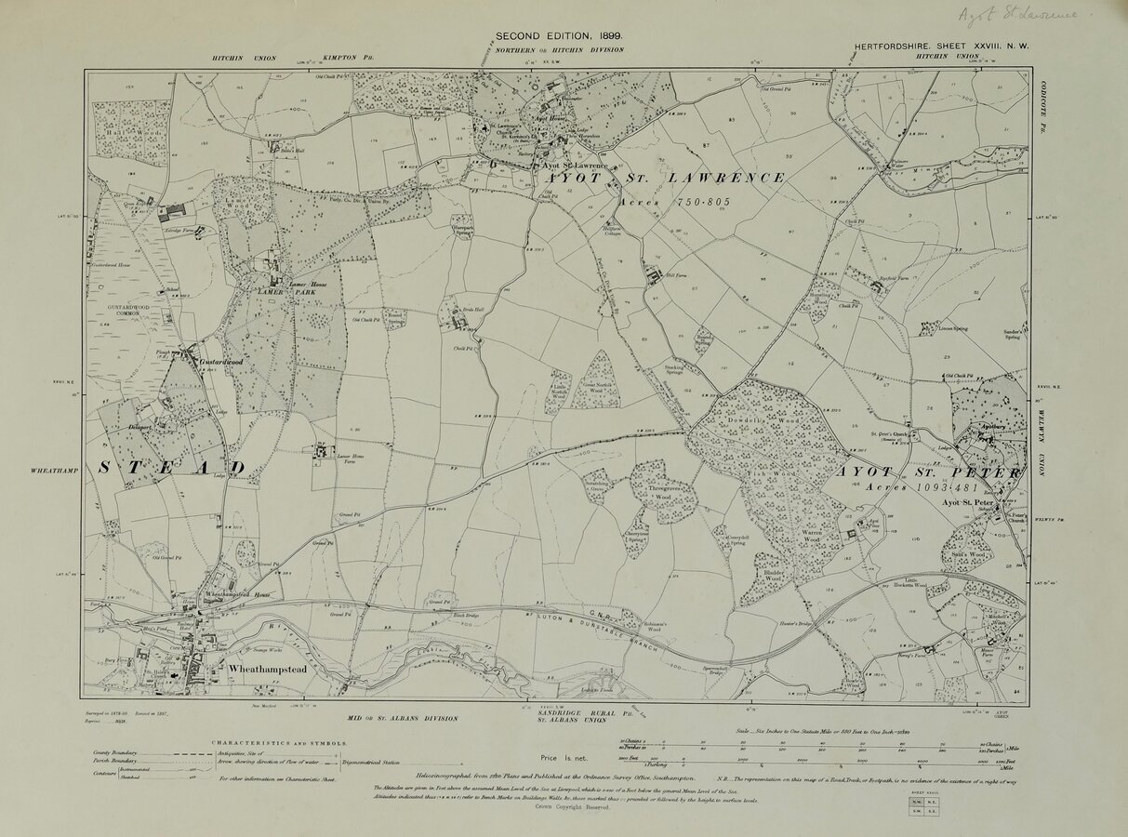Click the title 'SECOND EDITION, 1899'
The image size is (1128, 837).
pyautogui.click(x=559, y=35)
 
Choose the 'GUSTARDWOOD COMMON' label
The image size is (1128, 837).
pyautogui.click(x=135, y=311)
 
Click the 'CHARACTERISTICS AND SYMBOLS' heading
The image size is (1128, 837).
pyautogui.click(x=279, y=743)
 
